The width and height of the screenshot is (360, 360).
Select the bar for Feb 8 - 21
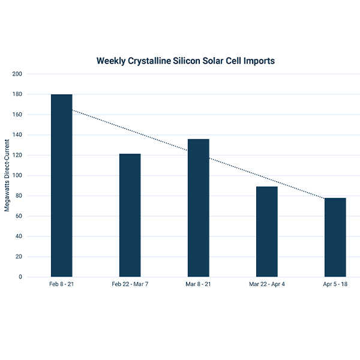point(61,185)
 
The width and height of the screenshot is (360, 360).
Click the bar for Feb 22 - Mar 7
point(130,215)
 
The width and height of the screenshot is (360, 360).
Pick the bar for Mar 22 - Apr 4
point(266,232)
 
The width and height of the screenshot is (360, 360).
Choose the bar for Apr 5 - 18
point(335,237)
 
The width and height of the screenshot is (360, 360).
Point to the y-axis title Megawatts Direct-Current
point(8,175)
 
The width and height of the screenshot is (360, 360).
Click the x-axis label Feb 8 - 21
point(61,284)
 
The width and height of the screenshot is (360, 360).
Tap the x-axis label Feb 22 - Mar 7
point(130,284)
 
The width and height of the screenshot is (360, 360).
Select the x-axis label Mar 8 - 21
point(198,284)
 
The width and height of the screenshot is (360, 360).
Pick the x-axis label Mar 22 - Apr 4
point(266,284)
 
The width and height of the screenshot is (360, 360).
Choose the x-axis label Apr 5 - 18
point(335,284)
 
